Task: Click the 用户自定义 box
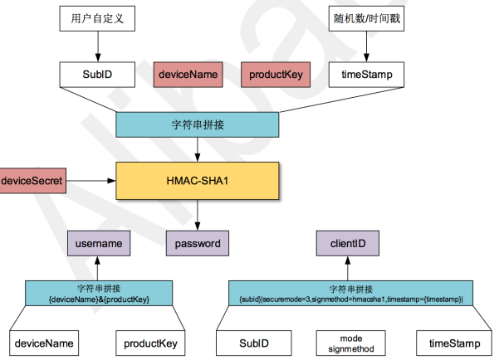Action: click(97, 18)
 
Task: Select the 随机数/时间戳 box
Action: click(366, 18)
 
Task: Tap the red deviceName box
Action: click(188, 75)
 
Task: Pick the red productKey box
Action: click(276, 75)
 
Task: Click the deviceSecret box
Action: click(32, 181)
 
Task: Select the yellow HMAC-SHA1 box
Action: click(198, 181)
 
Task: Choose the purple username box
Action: click(99, 243)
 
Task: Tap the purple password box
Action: click(198, 243)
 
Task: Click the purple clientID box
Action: click(348, 243)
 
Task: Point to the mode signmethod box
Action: click(350, 343)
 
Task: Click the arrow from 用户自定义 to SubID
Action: click(98, 46)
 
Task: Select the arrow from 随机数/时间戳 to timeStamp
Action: click(366, 46)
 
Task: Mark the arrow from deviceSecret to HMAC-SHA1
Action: click(91, 181)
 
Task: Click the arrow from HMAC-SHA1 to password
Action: click(198, 216)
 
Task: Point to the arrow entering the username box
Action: click(97, 268)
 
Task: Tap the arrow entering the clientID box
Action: click(348, 268)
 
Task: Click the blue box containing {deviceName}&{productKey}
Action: click(99, 293)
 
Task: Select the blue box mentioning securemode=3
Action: click(350, 293)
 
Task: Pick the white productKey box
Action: click(150, 343)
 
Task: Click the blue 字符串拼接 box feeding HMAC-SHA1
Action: click(198, 124)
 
